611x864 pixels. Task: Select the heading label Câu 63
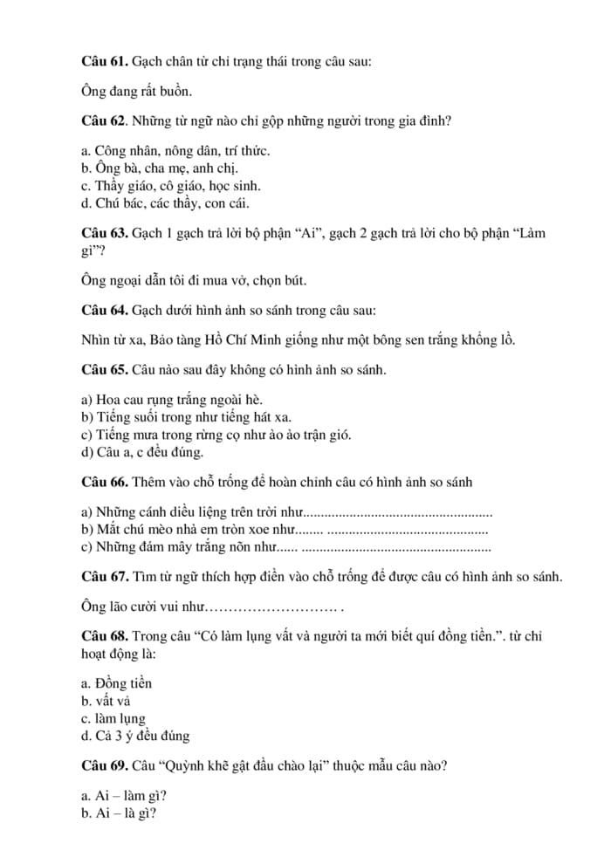click(104, 234)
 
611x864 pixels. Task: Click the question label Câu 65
click(104, 370)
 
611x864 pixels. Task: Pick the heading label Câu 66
click(104, 482)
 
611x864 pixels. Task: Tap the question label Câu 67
click(104, 577)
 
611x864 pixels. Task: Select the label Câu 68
click(104, 636)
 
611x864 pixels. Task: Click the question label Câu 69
click(104, 766)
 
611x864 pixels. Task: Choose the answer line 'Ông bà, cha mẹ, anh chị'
click(159, 168)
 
